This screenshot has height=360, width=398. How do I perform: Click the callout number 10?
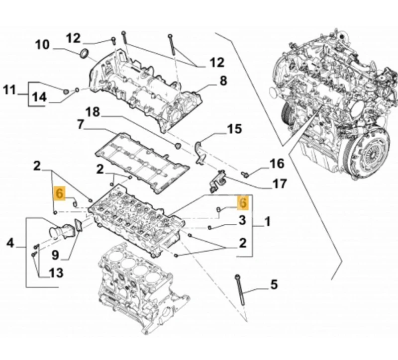pyautogui.click(x=42, y=45)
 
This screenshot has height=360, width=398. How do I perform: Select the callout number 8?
pyautogui.click(x=223, y=80)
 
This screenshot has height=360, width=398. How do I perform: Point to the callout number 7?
pyautogui.click(x=80, y=124)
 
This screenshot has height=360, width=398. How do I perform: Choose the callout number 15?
pyautogui.click(x=234, y=130)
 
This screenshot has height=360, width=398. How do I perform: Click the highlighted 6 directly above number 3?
pyautogui.click(x=242, y=202)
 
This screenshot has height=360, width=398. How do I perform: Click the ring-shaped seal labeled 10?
pyautogui.click(x=86, y=53)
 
